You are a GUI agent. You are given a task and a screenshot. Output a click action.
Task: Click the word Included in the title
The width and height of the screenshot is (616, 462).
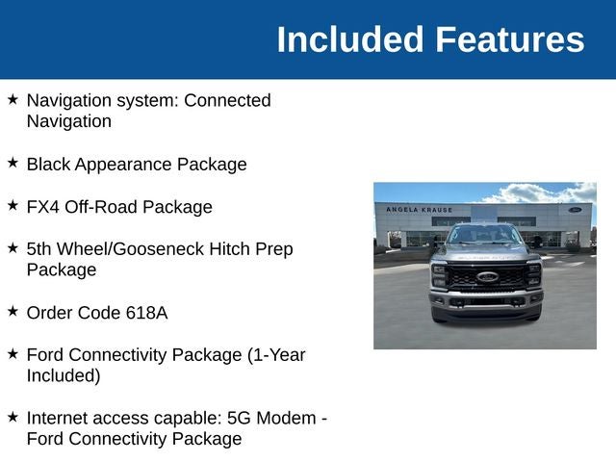coord(350,39)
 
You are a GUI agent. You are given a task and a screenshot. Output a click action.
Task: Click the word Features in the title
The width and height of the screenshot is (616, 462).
coord(509,39)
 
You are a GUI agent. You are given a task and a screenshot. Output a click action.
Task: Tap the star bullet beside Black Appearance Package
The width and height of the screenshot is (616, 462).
coord(13,163)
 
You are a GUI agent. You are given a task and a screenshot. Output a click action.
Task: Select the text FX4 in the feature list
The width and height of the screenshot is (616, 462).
coord(42,207)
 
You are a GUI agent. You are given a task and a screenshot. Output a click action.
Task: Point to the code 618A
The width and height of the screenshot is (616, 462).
coord(146,313)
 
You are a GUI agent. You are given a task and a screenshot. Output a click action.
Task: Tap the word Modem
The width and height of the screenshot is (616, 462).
coord(286,418)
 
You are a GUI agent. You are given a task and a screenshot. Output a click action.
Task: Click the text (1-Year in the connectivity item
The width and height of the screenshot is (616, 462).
coord(276,355)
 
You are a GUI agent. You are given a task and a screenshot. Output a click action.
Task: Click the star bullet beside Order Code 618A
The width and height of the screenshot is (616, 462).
coord(13,311)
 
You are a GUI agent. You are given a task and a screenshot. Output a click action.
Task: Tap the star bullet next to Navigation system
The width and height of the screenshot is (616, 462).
coord(13,99)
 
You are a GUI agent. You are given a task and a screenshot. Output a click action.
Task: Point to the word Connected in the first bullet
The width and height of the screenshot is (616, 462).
coord(227,100)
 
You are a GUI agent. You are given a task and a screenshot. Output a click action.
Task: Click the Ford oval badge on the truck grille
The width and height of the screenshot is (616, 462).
coord(488,277)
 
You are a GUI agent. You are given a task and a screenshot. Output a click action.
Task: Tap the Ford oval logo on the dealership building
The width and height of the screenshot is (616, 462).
coord(575,210)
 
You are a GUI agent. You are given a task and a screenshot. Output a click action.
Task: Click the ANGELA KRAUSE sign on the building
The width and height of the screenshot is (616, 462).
coord(420,210)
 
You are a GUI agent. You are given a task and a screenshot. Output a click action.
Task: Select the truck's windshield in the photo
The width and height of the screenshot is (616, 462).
coord(485,235)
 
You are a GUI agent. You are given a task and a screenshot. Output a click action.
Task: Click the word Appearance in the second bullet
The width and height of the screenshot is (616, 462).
coord(123,165)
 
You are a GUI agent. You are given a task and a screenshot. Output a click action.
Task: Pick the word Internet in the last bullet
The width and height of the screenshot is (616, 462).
coord(58,418)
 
